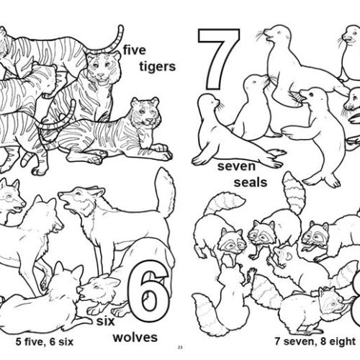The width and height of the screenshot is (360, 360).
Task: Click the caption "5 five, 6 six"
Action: click(40, 336)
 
